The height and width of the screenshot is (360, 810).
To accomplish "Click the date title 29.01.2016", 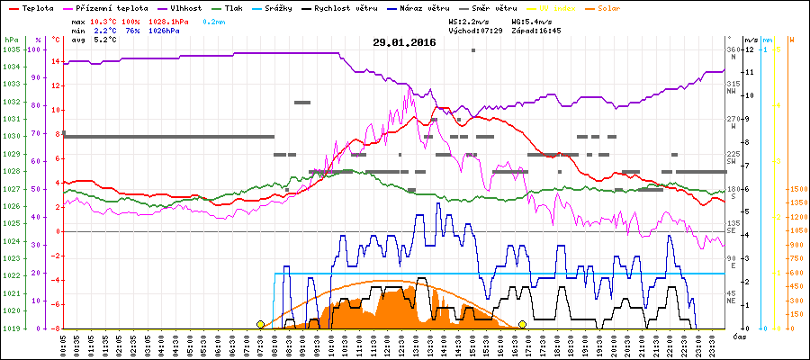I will point(404,42).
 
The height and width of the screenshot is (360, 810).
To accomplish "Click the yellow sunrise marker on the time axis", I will point(261,324).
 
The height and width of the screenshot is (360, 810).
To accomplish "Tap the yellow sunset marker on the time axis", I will point(522,324).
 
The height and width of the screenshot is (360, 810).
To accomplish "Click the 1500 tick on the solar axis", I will point(796,189).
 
